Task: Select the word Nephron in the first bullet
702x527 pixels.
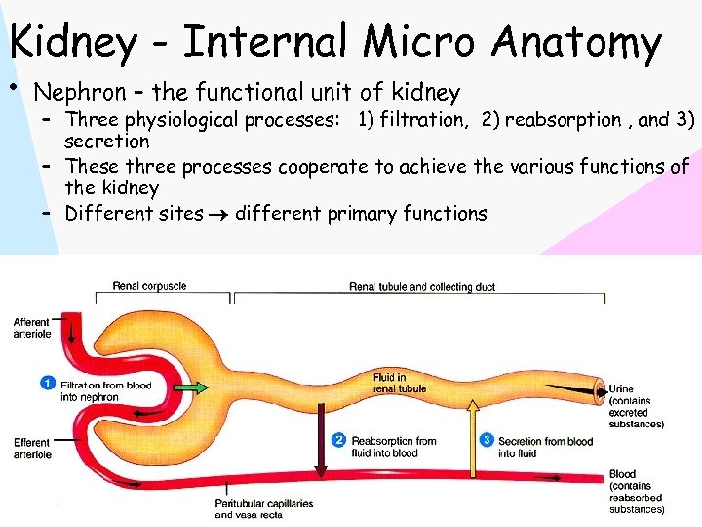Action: [79, 93]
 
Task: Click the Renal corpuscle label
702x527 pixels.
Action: [149, 286]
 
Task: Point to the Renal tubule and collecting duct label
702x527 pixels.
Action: [422, 287]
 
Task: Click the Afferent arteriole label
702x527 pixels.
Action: [32, 328]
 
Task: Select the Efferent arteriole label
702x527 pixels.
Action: [32, 449]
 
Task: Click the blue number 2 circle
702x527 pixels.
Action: [338, 441]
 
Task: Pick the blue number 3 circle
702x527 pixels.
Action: [487, 441]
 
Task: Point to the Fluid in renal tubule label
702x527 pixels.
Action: [399, 384]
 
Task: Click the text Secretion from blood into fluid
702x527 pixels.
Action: [545, 447]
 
